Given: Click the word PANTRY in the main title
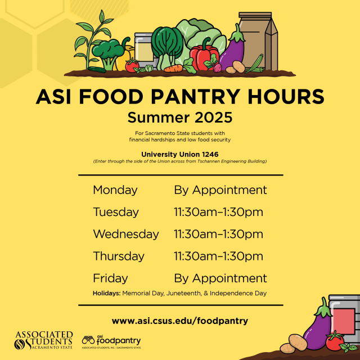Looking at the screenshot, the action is tap(195, 97).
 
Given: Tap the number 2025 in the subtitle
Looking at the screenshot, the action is tap(213, 118).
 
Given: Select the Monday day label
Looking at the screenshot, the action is tap(115, 190).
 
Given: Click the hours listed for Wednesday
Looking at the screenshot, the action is tap(218, 234).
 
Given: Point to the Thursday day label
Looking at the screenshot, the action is tap(119, 256).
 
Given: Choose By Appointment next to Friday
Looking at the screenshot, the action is tap(220, 279).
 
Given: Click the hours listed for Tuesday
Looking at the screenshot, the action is tap(218, 212).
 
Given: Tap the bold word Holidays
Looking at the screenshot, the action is tap(106, 293).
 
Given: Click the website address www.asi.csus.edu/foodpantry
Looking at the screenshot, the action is tap(180, 321).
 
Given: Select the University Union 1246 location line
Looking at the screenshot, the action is tap(180, 154).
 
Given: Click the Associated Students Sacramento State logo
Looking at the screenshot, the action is tap(44, 340).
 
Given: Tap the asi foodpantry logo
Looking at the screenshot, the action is tap(111, 341).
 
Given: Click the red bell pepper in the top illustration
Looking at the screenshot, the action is tap(204, 55).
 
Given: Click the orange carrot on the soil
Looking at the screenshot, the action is tap(173, 69).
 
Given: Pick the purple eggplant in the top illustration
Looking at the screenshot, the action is tap(232, 50).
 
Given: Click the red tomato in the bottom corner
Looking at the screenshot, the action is tap(335, 342).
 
